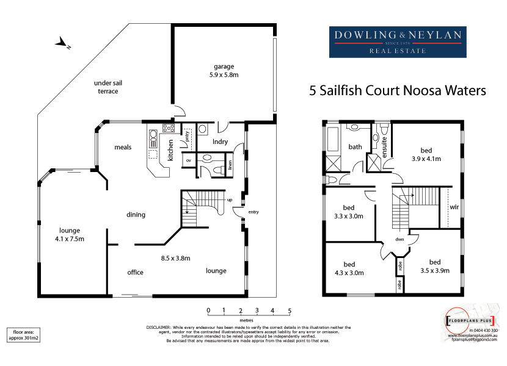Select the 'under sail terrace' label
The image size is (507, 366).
click(x=106, y=87)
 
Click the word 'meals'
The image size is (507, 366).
click(x=123, y=147)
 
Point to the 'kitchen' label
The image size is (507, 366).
click(x=171, y=149)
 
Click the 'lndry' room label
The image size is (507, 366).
click(x=220, y=142)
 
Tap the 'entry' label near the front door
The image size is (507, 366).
click(x=253, y=212)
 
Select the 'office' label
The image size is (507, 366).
click(x=135, y=272)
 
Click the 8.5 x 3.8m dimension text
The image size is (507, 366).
click(x=175, y=258)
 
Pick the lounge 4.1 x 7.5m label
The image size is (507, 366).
click(x=70, y=234)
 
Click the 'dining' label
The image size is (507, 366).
click(x=135, y=215)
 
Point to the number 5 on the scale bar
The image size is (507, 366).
click(x=290, y=310)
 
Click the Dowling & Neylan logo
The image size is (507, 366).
click(x=395, y=42)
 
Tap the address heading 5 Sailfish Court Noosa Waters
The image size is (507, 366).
click(x=398, y=91)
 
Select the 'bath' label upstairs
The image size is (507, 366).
click(x=355, y=147)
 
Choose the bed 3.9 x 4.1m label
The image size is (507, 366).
click(x=426, y=154)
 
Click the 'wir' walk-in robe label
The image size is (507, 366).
click(x=454, y=207)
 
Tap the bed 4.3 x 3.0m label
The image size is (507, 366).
click(x=349, y=268)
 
